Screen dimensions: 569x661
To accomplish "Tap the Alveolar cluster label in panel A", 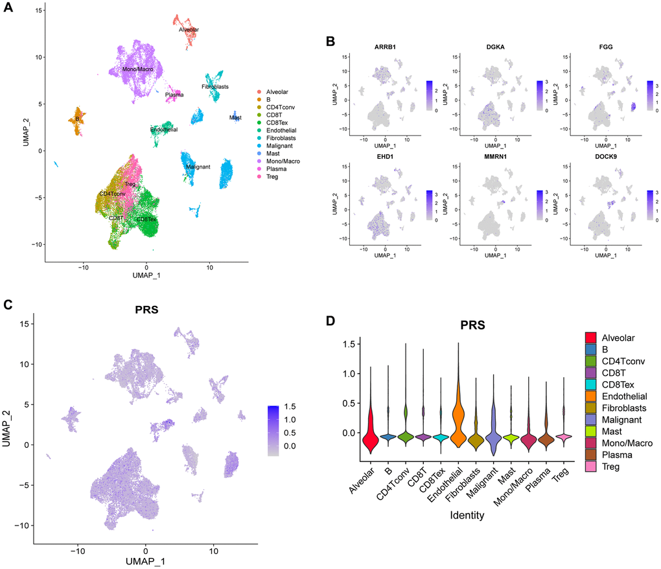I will tap(189, 30).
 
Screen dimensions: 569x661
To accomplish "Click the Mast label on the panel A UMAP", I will tap(235, 117).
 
